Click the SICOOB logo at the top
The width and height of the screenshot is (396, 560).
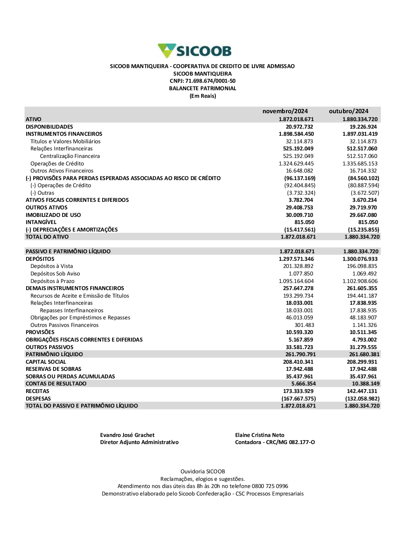pyautogui.click(x=194, y=51)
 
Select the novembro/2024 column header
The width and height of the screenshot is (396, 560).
pyautogui.click(x=285, y=111)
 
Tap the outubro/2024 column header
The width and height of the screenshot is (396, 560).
pyautogui.click(x=348, y=111)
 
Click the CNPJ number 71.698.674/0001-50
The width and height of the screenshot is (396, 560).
pyautogui.click(x=210, y=81)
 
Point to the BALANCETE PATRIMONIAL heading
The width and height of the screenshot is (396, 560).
pyautogui.click(x=202, y=89)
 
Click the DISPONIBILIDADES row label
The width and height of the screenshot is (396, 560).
pyautogui.click(x=49, y=127)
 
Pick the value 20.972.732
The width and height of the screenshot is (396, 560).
pyautogui.click(x=299, y=127)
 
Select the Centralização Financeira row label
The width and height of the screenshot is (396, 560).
pyautogui.click(x=70, y=156)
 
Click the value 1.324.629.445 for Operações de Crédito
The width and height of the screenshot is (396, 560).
pyautogui.click(x=296, y=163)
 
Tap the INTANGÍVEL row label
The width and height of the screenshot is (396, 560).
pyautogui.click(x=41, y=222)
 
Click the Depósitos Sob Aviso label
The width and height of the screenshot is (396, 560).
pyautogui.click(x=55, y=274)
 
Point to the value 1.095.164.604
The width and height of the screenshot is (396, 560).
pyautogui.click(x=296, y=281)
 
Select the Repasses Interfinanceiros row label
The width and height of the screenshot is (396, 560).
pyautogui.click(x=72, y=311)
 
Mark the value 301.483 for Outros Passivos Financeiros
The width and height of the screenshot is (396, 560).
pyautogui.click(x=304, y=325)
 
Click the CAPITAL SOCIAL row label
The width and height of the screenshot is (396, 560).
pyautogui.click(x=46, y=362)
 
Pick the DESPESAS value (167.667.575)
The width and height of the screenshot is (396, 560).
pyautogui.click(x=299, y=399)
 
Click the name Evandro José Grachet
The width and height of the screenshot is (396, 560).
pyautogui.click(x=127, y=435)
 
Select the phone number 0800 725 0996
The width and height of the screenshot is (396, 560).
pyautogui.click(x=270, y=486)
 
